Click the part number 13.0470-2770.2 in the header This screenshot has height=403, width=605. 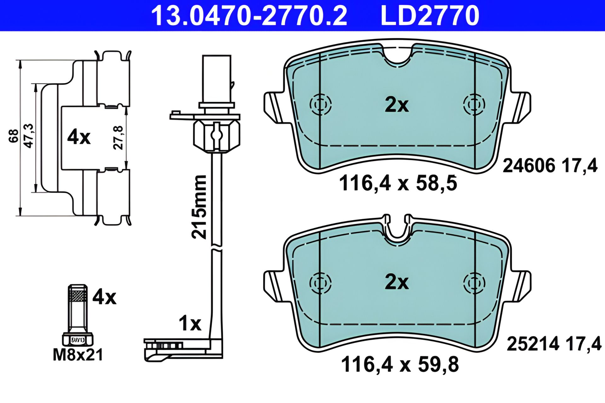pos(249,15)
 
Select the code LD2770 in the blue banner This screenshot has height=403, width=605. pos(430,15)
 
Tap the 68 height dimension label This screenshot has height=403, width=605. pos(14,136)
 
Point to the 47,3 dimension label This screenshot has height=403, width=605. pos(29,136)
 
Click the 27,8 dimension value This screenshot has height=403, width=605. pos(118,138)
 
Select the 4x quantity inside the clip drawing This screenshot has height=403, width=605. pos(79,137)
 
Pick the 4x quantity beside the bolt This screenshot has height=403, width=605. pos(104,297)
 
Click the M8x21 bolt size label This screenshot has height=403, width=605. pos(78,355)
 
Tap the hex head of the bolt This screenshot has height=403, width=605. pos(78,339)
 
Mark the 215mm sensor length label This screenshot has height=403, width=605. pos(199,207)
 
